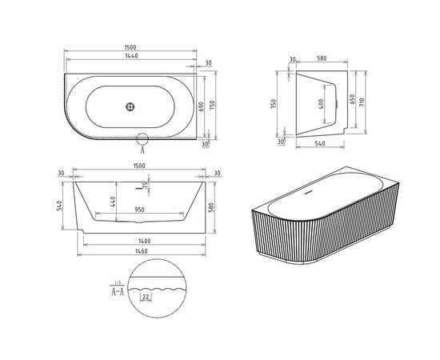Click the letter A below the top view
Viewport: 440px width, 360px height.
coord(142,149)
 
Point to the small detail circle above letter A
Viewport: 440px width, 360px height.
coord(142,137)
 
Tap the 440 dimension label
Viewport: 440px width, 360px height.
coord(114,202)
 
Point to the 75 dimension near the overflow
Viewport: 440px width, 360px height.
coord(146,186)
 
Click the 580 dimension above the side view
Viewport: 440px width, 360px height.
coord(319,59)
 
